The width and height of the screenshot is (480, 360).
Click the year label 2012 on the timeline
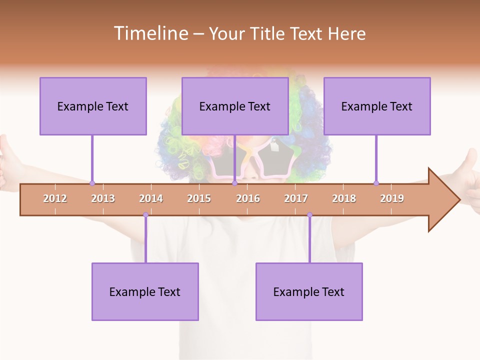coord(55,198)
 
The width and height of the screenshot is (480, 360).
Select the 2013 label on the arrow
coord(103,198)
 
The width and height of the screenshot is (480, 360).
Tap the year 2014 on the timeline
coord(151,198)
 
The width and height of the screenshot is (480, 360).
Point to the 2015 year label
coord(199,198)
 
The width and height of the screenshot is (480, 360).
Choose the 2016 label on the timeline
coord(248,198)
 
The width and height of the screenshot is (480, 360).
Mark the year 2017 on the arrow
coord(296,198)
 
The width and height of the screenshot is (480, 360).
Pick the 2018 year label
coord(344,198)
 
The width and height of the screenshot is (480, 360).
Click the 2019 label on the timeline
coord(392,198)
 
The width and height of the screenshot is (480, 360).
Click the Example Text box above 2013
coord(93,106)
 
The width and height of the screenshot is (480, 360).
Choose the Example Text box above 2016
coord(235,106)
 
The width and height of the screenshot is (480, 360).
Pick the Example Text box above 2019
coord(377,106)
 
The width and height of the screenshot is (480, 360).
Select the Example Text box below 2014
coord(145,291)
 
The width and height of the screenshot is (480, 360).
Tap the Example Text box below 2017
coord(309,291)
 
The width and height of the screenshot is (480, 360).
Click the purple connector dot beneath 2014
coord(145,215)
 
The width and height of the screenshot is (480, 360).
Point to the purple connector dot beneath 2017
coord(309,215)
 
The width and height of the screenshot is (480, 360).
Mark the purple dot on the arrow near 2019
coord(376,183)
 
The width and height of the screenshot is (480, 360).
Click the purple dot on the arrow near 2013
coord(92,183)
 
